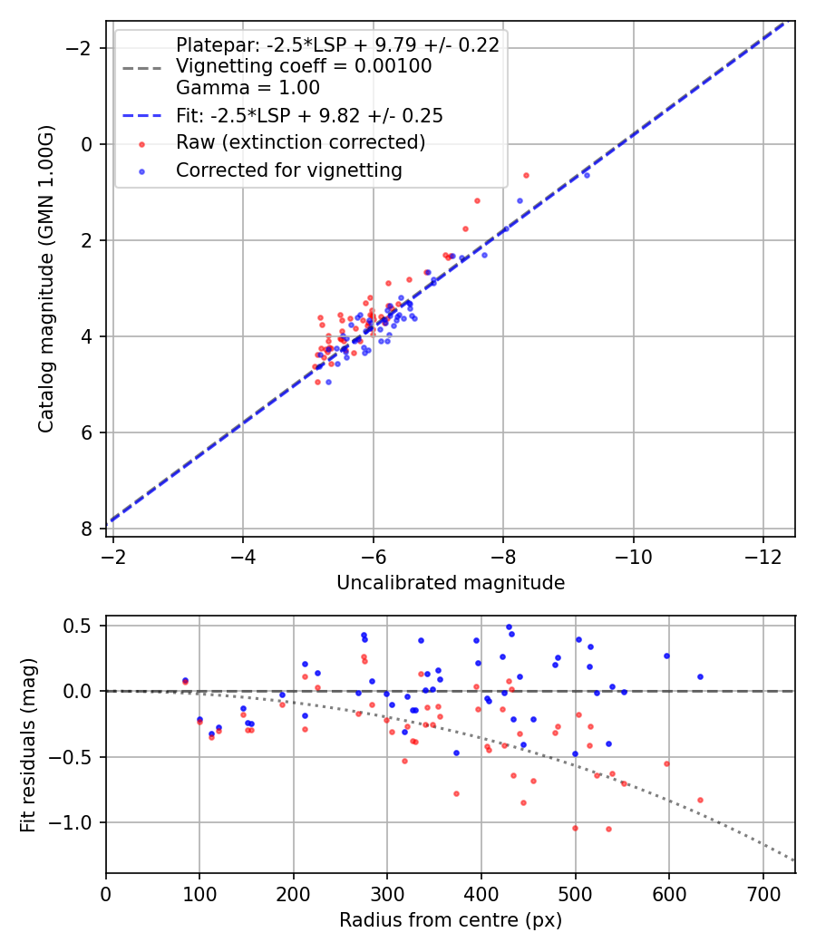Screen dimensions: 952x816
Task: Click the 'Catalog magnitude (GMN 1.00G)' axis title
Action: [x=47, y=279]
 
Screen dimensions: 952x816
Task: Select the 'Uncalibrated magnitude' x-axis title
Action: [x=451, y=583]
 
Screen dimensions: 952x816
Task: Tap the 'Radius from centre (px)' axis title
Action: [x=451, y=920]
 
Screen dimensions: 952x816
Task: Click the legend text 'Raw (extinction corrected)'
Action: [x=300, y=142]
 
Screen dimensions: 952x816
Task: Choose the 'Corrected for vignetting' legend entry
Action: [x=289, y=170]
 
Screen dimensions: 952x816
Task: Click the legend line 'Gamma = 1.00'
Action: [x=248, y=88]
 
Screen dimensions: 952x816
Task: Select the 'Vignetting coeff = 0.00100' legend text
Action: [x=304, y=66]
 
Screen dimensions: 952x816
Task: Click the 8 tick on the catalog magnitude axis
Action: [x=86, y=529]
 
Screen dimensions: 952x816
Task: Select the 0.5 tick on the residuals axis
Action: [x=81, y=626]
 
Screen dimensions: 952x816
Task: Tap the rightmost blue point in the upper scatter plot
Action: [x=587, y=174]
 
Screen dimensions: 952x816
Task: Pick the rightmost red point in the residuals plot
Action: [x=700, y=800]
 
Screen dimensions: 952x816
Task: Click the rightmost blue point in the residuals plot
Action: [x=700, y=676]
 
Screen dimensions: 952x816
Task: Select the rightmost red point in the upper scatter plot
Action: [x=526, y=175]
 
